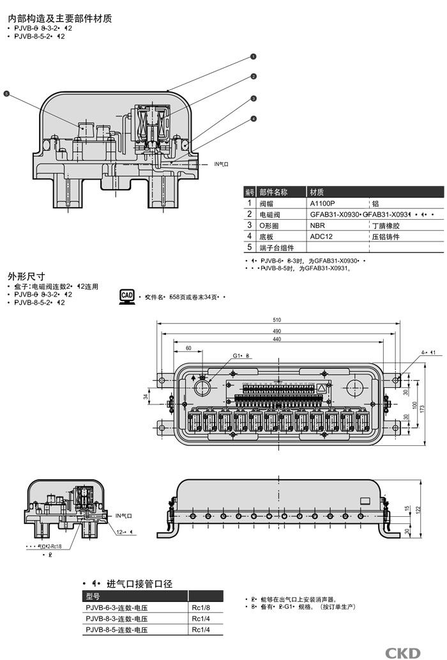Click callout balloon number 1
click(254, 56)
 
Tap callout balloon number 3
click(254, 98)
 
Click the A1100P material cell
click(322, 203)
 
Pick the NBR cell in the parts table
click(317, 226)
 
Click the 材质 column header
click(317, 192)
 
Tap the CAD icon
click(127, 296)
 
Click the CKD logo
click(403, 652)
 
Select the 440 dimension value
click(276, 339)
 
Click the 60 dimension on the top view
click(188, 348)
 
